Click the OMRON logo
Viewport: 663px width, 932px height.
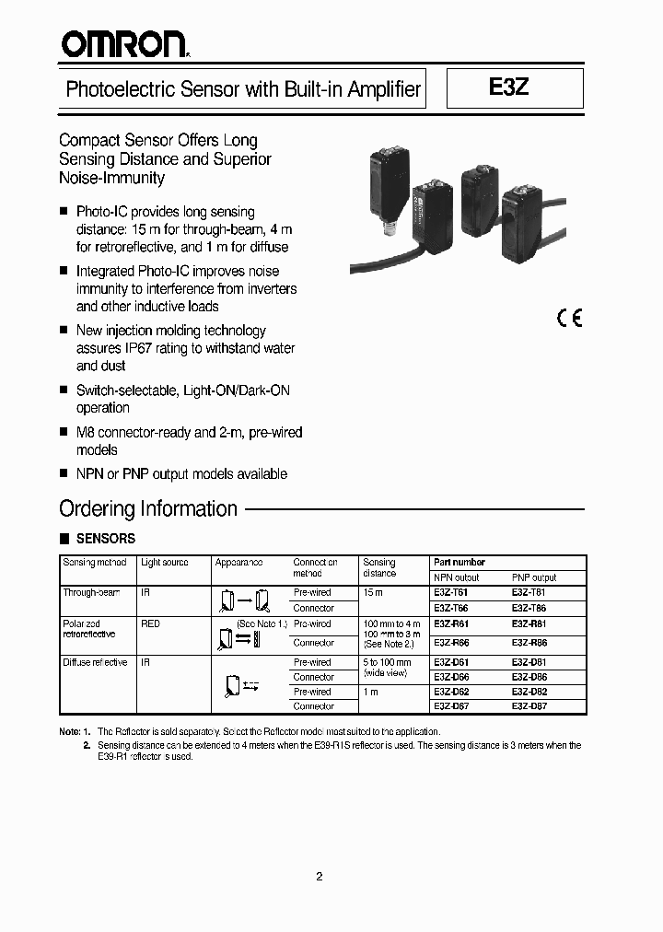123,43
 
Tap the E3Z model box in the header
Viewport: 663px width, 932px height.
514,88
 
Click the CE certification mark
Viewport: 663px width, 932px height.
569,319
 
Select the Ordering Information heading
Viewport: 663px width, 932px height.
148,508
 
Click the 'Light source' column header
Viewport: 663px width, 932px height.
165,563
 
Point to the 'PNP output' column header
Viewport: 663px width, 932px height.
534,577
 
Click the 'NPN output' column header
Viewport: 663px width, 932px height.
457,577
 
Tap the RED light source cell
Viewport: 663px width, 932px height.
150,624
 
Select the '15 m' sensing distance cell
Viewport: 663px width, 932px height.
373,593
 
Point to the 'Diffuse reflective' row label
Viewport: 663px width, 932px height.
95,663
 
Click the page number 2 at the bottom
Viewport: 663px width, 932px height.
319,877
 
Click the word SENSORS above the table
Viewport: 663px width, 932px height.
105,539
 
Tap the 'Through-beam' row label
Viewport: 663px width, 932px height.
91,593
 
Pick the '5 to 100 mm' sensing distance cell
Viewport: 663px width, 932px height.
387,663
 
